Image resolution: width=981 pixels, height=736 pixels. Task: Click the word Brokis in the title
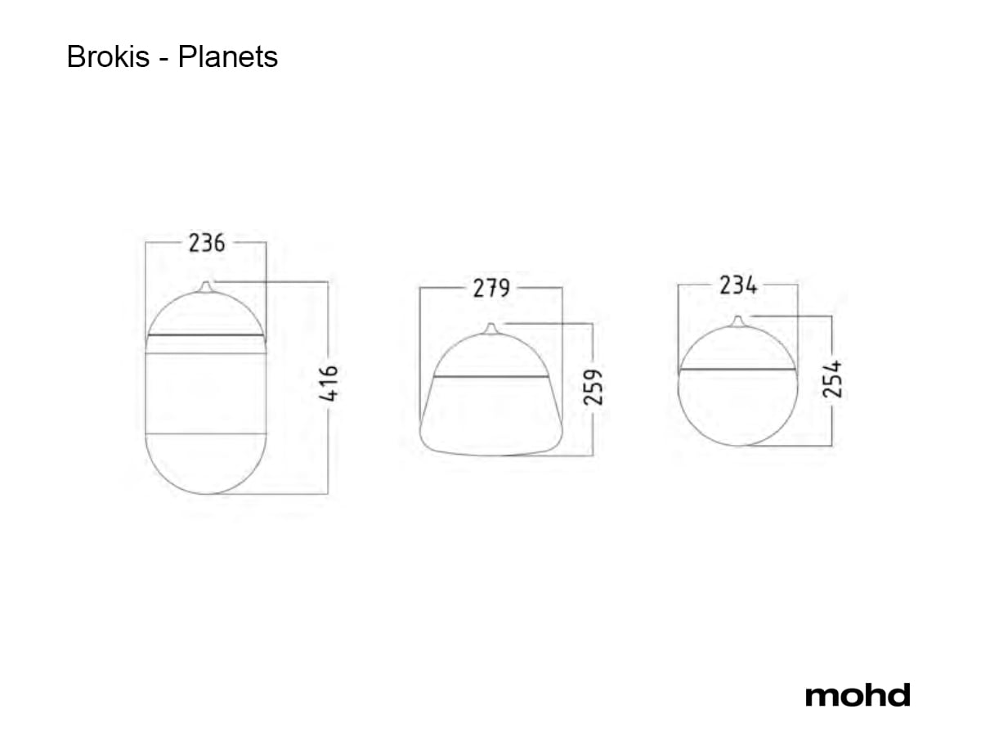[108, 56]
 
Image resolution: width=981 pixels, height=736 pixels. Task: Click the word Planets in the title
[228, 56]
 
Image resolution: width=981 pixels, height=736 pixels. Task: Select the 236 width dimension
[207, 243]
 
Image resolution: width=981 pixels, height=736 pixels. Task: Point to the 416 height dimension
[329, 383]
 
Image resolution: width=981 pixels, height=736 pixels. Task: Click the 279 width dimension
[491, 288]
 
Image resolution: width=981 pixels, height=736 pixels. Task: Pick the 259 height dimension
[593, 387]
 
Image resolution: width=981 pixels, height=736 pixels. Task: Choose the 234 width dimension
[738, 285]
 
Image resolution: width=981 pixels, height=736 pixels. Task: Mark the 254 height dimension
[832, 379]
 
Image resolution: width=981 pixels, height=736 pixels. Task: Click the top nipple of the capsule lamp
[206, 286]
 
